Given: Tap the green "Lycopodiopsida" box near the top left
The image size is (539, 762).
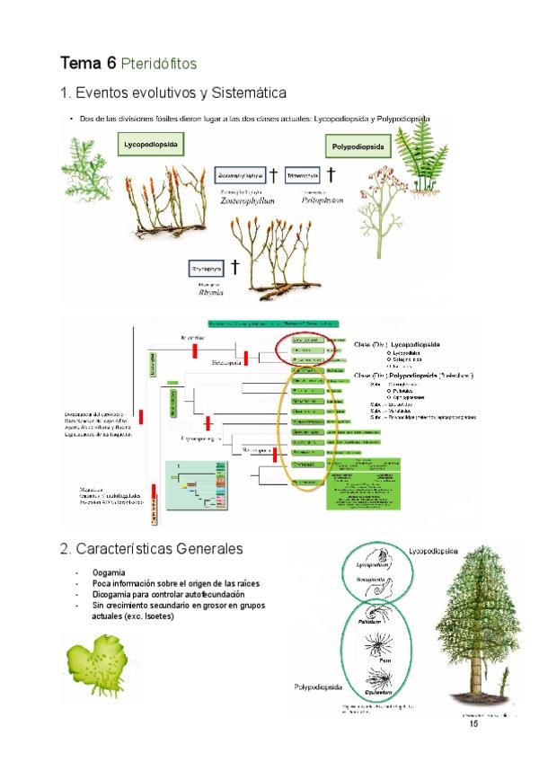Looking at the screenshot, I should [151, 145].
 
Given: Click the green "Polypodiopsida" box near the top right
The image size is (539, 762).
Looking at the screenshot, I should [358, 146].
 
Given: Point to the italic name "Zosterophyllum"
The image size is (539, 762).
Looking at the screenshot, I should [247, 201].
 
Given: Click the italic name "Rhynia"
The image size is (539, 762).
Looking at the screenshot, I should [209, 292].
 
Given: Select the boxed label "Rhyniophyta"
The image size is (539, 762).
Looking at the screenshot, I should [206, 268].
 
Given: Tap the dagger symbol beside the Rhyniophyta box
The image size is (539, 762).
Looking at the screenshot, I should [234, 267].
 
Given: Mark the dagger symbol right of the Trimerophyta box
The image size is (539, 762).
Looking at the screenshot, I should [331, 174].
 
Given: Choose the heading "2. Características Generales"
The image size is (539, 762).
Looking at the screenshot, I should [151, 548].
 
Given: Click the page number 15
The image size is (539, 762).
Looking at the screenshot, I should [473, 723].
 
